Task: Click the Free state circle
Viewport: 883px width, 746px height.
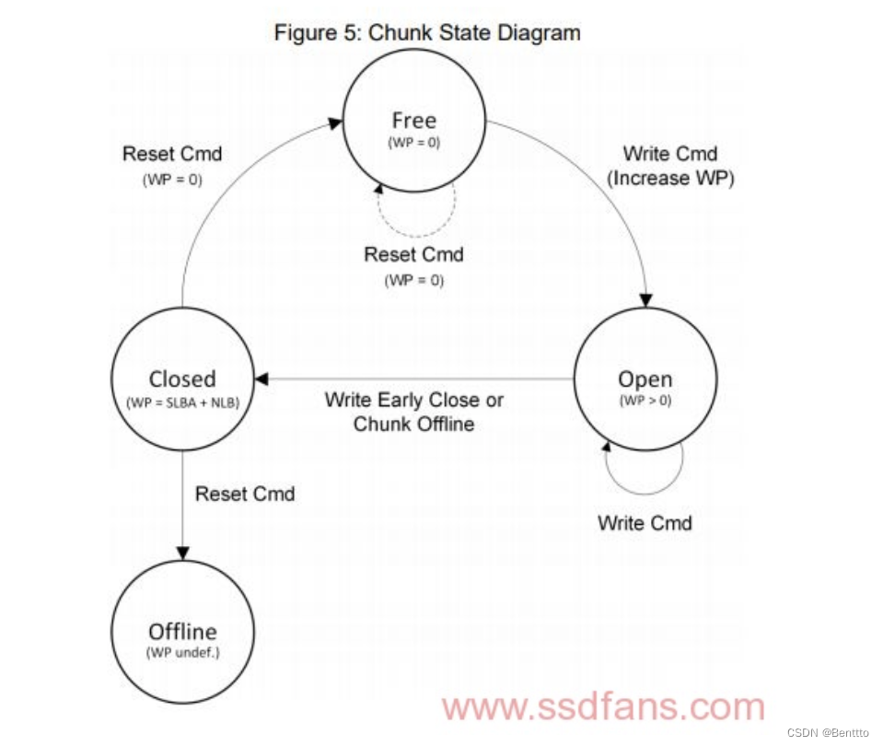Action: (x=414, y=121)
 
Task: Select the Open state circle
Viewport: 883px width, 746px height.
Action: (x=645, y=379)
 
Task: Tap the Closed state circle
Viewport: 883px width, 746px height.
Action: (x=182, y=379)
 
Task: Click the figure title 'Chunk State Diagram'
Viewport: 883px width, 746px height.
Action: (x=427, y=33)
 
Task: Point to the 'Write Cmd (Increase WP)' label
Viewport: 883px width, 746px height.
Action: (x=669, y=166)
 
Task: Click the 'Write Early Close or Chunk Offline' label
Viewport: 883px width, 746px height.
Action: (x=414, y=412)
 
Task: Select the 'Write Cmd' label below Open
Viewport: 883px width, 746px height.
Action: (x=645, y=523)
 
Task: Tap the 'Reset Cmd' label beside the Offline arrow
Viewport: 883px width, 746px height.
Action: (x=245, y=495)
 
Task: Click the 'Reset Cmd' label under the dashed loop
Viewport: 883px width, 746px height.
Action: (x=413, y=254)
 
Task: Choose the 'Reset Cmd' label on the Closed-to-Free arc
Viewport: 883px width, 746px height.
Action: (x=172, y=154)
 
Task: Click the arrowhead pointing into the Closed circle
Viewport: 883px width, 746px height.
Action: (x=261, y=379)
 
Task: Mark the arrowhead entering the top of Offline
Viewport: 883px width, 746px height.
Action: (x=182, y=553)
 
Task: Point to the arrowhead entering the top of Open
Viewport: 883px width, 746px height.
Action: (x=646, y=300)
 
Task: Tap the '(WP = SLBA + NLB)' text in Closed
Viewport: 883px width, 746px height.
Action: (x=182, y=401)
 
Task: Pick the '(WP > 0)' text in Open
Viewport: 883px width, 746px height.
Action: (x=645, y=401)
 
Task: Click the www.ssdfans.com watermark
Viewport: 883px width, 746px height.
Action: (x=603, y=707)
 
